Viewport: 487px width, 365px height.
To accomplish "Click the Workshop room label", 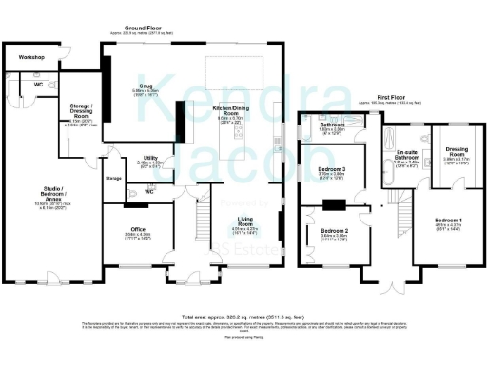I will (27, 57).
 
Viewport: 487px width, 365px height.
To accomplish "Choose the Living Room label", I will (246, 220).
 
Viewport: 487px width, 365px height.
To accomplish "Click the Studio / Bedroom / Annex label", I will (44, 198).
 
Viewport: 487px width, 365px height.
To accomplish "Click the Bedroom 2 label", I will (335, 230).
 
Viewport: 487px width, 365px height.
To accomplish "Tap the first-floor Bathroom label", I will (332, 125).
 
